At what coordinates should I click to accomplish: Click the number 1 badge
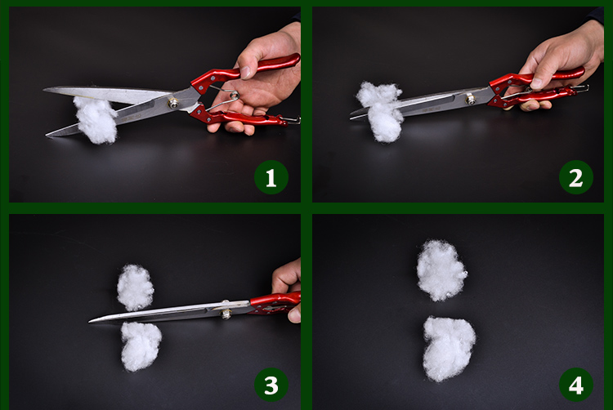271,177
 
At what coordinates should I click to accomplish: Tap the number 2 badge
576,177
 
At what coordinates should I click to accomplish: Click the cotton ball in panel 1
96,119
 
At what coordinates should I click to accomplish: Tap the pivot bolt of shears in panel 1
172,103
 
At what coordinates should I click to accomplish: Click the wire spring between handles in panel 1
224,98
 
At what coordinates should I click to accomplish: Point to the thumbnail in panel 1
245,73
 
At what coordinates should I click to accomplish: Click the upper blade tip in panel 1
44,90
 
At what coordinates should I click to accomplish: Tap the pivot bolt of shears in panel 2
471,99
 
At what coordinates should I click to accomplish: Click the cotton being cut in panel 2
380,111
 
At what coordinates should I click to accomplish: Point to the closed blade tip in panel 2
351,117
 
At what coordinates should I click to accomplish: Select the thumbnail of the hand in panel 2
537,82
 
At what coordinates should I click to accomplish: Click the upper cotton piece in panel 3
135,287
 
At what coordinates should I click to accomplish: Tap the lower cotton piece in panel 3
141,346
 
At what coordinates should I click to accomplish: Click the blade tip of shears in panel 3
90,321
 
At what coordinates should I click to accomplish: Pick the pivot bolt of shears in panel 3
226,313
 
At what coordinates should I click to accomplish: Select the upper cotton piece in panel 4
441,270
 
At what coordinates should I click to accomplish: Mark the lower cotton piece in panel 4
449,348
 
